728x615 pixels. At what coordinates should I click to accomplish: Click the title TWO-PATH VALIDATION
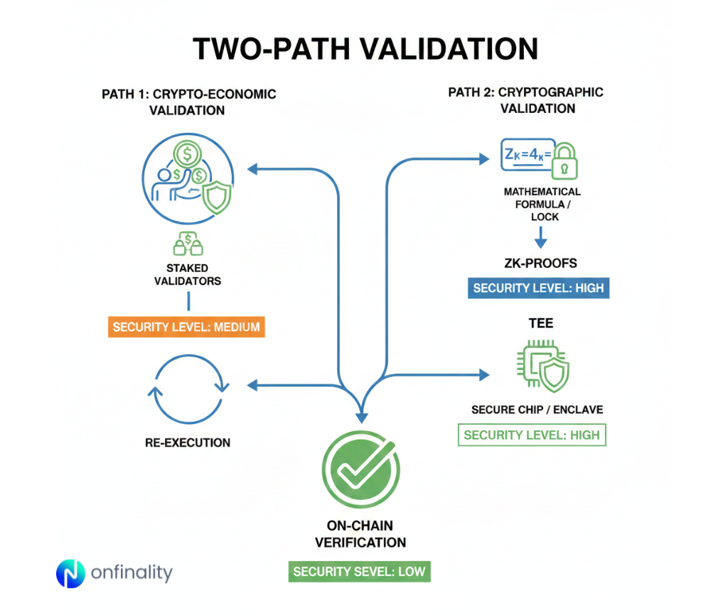[x=365, y=49]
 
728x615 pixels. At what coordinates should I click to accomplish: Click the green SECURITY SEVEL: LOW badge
[x=360, y=572]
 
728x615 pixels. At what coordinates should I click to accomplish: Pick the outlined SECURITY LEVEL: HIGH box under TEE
[x=531, y=435]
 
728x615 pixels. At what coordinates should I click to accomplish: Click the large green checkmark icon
[x=360, y=469]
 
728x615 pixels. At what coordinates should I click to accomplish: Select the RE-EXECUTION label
[x=188, y=442]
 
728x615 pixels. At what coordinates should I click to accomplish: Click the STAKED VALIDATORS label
[x=188, y=274]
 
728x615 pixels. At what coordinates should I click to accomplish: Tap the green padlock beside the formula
[x=564, y=162]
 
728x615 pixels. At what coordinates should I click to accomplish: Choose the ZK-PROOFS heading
[x=540, y=263]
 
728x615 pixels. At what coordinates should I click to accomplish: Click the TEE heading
[x=540, y=323]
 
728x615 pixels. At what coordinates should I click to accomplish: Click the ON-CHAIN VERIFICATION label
[x=360, y=534]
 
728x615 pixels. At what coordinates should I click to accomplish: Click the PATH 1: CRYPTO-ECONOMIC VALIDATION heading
[x=188, y=102]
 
